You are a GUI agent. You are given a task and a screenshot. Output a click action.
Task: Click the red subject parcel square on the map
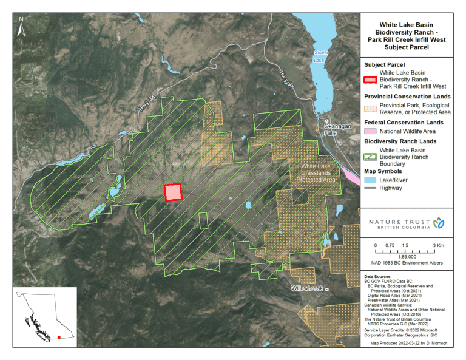point(174,192)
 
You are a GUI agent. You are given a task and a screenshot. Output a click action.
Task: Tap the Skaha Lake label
point(319,56)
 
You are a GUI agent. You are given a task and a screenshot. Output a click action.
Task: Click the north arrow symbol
point(21,27)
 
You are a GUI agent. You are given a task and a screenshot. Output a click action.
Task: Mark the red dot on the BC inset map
point(58,336)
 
